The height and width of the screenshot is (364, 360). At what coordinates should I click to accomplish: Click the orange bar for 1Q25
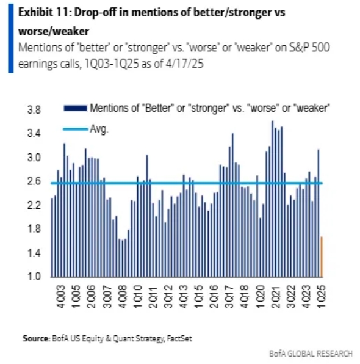point(322,257)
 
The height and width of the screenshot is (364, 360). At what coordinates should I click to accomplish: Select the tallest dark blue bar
point(272,199)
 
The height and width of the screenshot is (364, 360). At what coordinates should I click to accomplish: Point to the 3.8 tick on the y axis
point(34,109)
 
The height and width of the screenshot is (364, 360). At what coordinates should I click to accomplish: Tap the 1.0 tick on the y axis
point(34,277)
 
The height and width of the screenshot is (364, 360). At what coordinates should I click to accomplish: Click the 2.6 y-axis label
point(34,181)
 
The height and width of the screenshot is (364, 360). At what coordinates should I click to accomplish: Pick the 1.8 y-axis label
point(34,229)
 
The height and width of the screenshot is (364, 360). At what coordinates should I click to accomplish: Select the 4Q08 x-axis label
point(123,297)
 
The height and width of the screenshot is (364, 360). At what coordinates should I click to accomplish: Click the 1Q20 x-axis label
point(261,297)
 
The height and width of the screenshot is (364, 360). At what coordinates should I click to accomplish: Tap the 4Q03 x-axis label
point(61,297)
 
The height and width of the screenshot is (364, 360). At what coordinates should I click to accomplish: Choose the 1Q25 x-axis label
point(322,297)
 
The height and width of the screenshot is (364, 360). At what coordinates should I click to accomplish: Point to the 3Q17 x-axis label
point(229,297)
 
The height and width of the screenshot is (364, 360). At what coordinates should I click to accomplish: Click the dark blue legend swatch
point(76,108)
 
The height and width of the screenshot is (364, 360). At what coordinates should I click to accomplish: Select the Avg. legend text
point(99,129)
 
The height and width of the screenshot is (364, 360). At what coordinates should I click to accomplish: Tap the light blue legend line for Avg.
point(76,129)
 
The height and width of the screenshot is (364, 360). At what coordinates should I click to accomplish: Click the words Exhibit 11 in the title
point(44,12)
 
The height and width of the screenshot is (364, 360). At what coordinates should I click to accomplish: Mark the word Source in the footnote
point(36,338)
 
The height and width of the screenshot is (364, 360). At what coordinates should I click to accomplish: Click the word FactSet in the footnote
point(179,339)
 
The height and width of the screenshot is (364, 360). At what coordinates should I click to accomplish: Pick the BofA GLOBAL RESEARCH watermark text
point(311,354)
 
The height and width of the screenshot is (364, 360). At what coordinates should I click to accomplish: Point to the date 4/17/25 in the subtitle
point(184,64)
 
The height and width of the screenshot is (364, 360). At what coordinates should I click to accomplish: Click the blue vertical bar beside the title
point(10,38)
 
